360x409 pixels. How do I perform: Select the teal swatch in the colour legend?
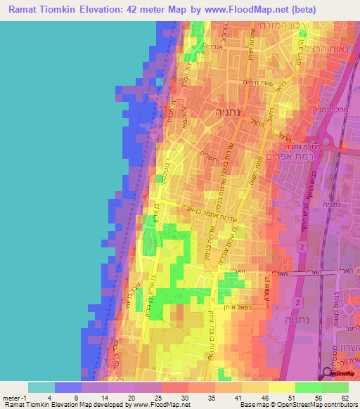tap(41, 387)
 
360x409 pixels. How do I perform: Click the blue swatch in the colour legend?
tap(68, 387)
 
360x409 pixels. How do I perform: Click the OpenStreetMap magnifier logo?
tap(328, 374)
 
